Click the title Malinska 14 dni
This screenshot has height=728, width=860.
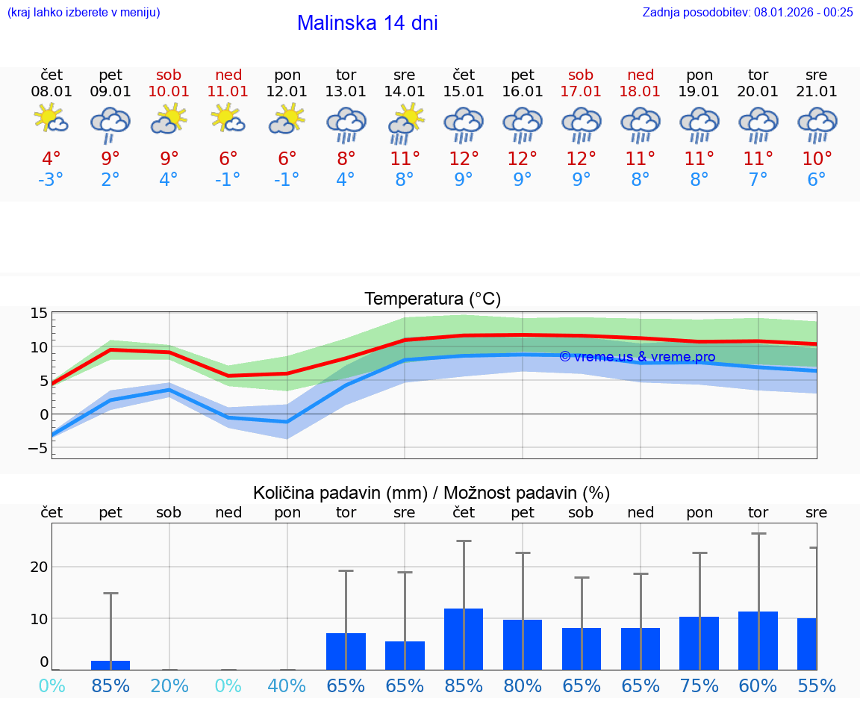click(x=367, y=23)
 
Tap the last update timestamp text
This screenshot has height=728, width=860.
click(x=747, y=12)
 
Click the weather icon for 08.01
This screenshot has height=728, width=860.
click(x=52, y=119)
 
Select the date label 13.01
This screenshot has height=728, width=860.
click(x=346, y=91)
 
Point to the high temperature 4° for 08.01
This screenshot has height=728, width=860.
click(x=52, y=159)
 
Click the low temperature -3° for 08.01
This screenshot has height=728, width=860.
click(x=52, y=180)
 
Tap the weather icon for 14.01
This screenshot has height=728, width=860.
click(x=405, y=122)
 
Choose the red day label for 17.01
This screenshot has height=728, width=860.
click(x=581, y=75)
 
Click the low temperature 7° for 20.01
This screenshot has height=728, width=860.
click(x=758, y=180)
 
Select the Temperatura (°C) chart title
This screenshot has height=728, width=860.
click(x=432, y=299)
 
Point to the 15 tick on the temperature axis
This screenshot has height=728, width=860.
click(x=39, y=314)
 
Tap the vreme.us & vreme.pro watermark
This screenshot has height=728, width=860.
click(x=637, y=357)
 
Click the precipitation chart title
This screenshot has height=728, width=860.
click(x=431, y=493)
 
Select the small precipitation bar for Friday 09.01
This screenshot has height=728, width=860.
click(x=110, y=665)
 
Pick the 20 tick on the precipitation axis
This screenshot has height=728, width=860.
click(x=39, y=567)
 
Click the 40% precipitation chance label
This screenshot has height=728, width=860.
click(x=287, y=685)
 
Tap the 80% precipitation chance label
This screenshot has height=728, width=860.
click(x=523, y=685)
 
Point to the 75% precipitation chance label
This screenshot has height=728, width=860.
click(x=699, y=685)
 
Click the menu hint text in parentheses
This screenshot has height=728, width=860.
click(x=84, y=12)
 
